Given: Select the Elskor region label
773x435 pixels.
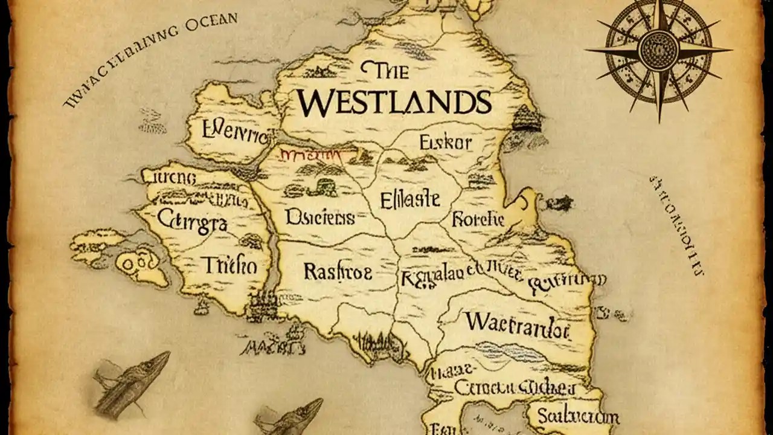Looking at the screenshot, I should pyautogui.click(x=445, y=143).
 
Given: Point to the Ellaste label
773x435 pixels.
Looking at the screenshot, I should pyautogui.click(x=410, y=199).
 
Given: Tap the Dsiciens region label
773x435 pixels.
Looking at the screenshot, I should pyautogui.click(x=319, y=217).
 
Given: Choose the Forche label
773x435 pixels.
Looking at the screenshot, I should pyautogui.click(x=478, y=219).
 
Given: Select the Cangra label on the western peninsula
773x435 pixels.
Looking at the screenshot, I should pyautogui.click(x=191, y=222).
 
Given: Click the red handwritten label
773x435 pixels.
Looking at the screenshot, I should pyautogui.click(x=310, y=155).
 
